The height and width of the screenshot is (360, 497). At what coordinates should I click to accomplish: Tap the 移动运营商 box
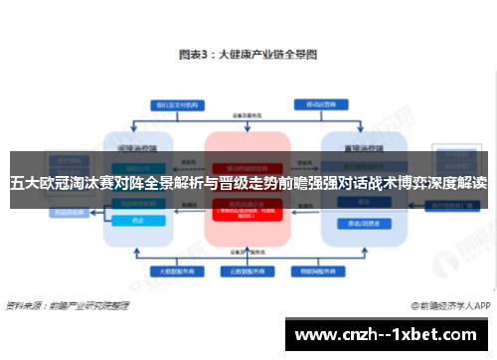pos(318,102)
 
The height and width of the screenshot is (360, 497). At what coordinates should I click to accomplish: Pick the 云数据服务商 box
pos(247,270)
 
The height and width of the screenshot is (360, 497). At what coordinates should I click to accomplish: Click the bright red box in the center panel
pos(247,207)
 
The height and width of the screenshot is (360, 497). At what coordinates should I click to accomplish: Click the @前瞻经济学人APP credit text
pos(446,305)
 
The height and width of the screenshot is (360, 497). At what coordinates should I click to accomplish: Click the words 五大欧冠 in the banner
pos(39,183)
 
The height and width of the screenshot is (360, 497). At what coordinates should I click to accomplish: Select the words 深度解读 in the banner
pos(458,183)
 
